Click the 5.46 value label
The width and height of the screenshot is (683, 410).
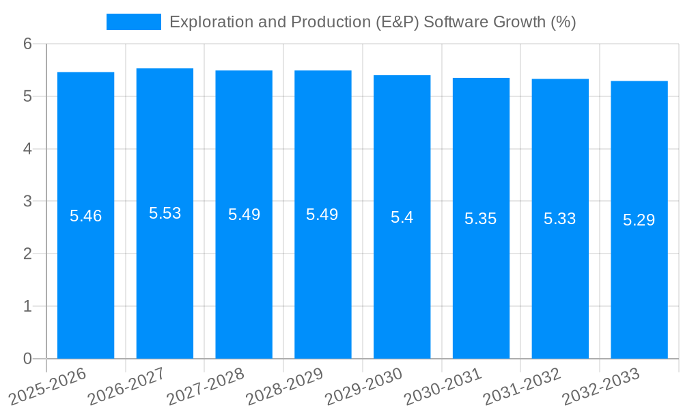[85, 217]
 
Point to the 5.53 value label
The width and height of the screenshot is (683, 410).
[165, 213]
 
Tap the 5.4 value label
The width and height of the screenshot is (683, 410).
[402, 218]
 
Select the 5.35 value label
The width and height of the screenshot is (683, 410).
[481, 219]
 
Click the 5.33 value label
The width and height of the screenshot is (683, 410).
[560, 219]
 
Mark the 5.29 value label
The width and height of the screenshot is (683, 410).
[639, 220]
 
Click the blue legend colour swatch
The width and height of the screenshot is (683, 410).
[134, 22]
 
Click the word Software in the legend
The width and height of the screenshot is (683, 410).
[451, 22]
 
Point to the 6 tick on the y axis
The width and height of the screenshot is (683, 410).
[27, 44]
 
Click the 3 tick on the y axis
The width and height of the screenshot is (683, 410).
[27, 202]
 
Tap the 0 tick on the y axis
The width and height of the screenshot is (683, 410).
[27, 359]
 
